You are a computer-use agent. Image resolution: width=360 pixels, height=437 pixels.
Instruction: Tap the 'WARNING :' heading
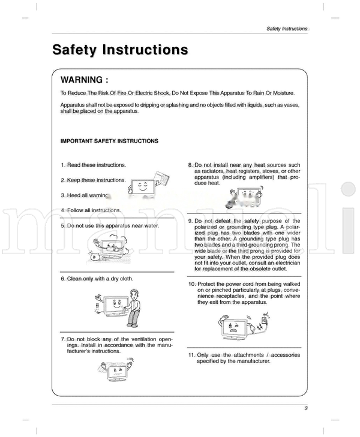point(85,80)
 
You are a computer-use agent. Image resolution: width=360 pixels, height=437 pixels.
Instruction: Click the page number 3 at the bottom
point(305,409)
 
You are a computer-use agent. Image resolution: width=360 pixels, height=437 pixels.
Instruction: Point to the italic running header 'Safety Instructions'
point(287,29)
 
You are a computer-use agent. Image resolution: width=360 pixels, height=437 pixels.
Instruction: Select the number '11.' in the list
point(191,355)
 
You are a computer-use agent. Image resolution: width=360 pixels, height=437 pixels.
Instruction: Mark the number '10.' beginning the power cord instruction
point(192,284)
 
